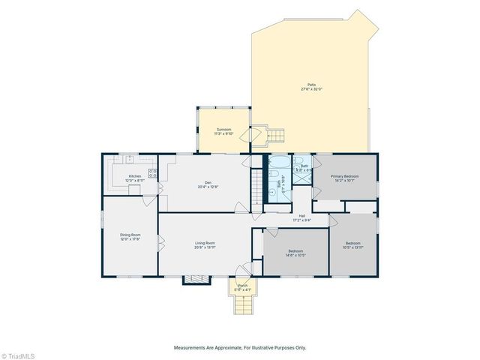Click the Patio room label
pos(311,87)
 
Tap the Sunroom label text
pos(223,132)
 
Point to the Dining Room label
pos(130,237)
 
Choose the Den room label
pos(208,185)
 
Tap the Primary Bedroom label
pos(346,178)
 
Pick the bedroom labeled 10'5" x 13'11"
pos(353,245)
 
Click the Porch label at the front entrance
pos(243,288)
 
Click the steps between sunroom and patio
pos(278,136)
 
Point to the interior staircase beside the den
pos(257,184)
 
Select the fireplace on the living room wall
pos(197,279)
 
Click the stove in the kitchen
pos(154,173)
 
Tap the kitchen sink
pos(130,159)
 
